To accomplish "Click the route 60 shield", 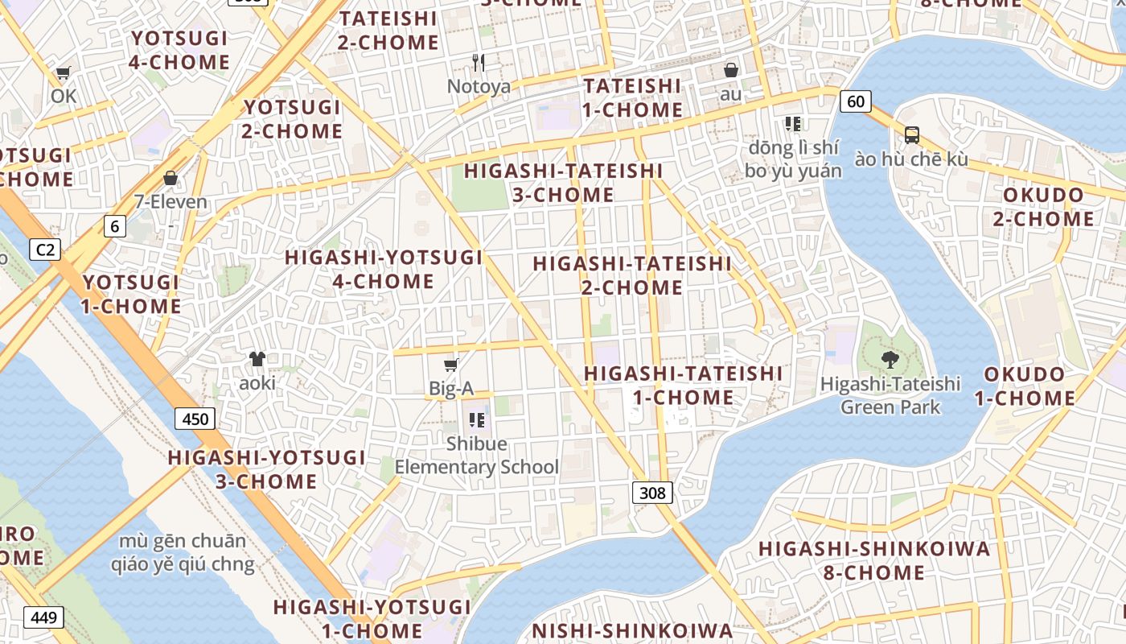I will [x=856, y=101].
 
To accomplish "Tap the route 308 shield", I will [x=651, y=493].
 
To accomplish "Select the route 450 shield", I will [x=195, y=419].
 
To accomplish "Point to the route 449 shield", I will [x=43, y=617].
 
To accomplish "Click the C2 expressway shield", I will [x=45, y=250].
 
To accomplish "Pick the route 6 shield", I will [x=114, y=226].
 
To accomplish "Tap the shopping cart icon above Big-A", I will [x=451, y=365].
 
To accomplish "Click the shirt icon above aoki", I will [x=257, y=359].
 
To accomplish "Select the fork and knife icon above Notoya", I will [x=479, y=62].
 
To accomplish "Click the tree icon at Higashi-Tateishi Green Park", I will [x=890, y=359].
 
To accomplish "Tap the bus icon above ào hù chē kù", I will [x=911, y=134].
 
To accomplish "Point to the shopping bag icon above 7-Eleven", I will [x=171, y=178].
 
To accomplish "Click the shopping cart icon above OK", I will [x=63, y=73].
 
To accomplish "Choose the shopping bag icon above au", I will [x=730, y=70].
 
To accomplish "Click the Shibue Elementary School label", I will [x=476, y=456].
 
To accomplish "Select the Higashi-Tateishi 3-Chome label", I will [x=563, y=183].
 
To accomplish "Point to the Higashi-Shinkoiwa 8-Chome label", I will [x=873, y=560].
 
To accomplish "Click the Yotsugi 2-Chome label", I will [x=293, y=119].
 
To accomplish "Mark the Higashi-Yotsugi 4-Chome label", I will [x=384, y=270].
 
